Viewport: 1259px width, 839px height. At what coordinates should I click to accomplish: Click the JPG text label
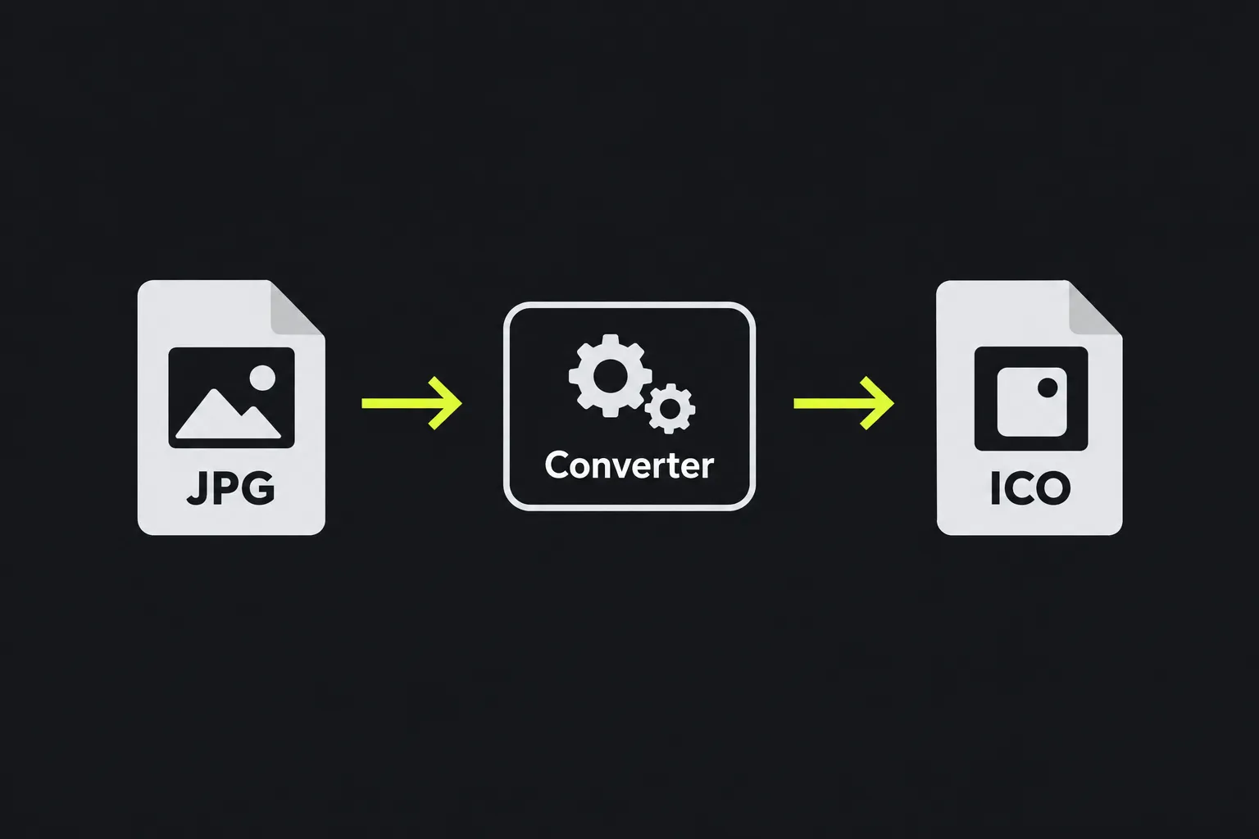point(230,488)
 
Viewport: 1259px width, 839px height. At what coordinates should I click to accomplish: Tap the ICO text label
point(1030,488)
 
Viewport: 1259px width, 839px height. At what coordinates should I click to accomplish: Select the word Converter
point(629,465)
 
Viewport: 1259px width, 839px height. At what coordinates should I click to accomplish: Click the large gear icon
point(611,375)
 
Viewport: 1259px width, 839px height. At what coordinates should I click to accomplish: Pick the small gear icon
point(670,409)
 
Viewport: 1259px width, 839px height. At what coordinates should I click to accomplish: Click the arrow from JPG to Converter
point(412,403)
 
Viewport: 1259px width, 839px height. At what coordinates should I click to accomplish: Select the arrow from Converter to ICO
point(843,403)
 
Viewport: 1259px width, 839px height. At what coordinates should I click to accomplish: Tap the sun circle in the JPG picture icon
point(262,378)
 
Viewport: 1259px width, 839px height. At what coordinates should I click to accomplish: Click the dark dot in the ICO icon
point(1048,388)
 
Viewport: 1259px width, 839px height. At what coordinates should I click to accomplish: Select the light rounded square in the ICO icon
point(1032,401)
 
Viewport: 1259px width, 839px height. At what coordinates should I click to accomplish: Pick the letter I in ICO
point(995,488)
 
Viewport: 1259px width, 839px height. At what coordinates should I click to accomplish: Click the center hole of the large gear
point(611,375)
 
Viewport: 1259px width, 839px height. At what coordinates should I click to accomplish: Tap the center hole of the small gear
point(670,409)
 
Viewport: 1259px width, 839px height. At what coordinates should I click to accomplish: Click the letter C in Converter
point(557,465)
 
